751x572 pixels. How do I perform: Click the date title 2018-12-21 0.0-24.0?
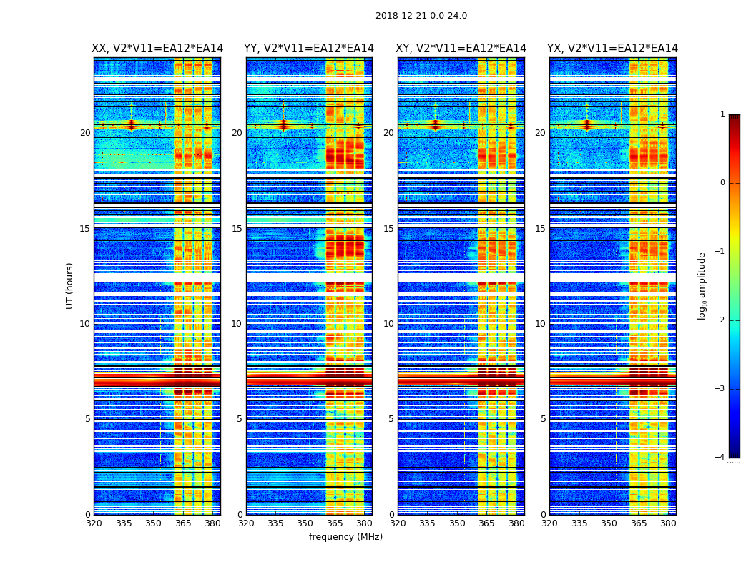[x=421, y=16]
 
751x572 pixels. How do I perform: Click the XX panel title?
[x=157, y=49]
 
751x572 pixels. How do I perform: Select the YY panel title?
[x=309, y=49]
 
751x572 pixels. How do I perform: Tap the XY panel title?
[x=461, y=49]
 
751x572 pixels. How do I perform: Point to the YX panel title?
[x=612, y=49]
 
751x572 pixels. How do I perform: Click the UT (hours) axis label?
[x=70, y=285]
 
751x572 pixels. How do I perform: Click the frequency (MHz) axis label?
[x=345, y=537]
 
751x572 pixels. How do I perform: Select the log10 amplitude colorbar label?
[x=702, y=285]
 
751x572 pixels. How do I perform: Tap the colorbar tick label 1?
[x=722, y=114]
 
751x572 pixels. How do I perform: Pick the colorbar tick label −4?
[x=721, y=458]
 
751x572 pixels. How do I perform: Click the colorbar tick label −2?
[x=721, y=320]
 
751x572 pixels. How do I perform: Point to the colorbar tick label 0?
[x=722, y=183]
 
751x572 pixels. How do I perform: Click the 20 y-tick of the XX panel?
[x=85, y=133]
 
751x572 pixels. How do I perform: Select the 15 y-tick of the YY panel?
[x=237, y=229]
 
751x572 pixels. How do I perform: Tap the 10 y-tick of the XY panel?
[x=388, y=324]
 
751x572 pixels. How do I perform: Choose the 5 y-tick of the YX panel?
[x=543, y=419]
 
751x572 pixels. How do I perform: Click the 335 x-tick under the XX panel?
[x=124, y=523]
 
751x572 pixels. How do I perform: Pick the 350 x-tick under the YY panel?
[x=305, y=523]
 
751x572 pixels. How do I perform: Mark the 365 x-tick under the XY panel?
[x=487, y=523]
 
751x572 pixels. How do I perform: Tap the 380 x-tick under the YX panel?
[x=668, y=523]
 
